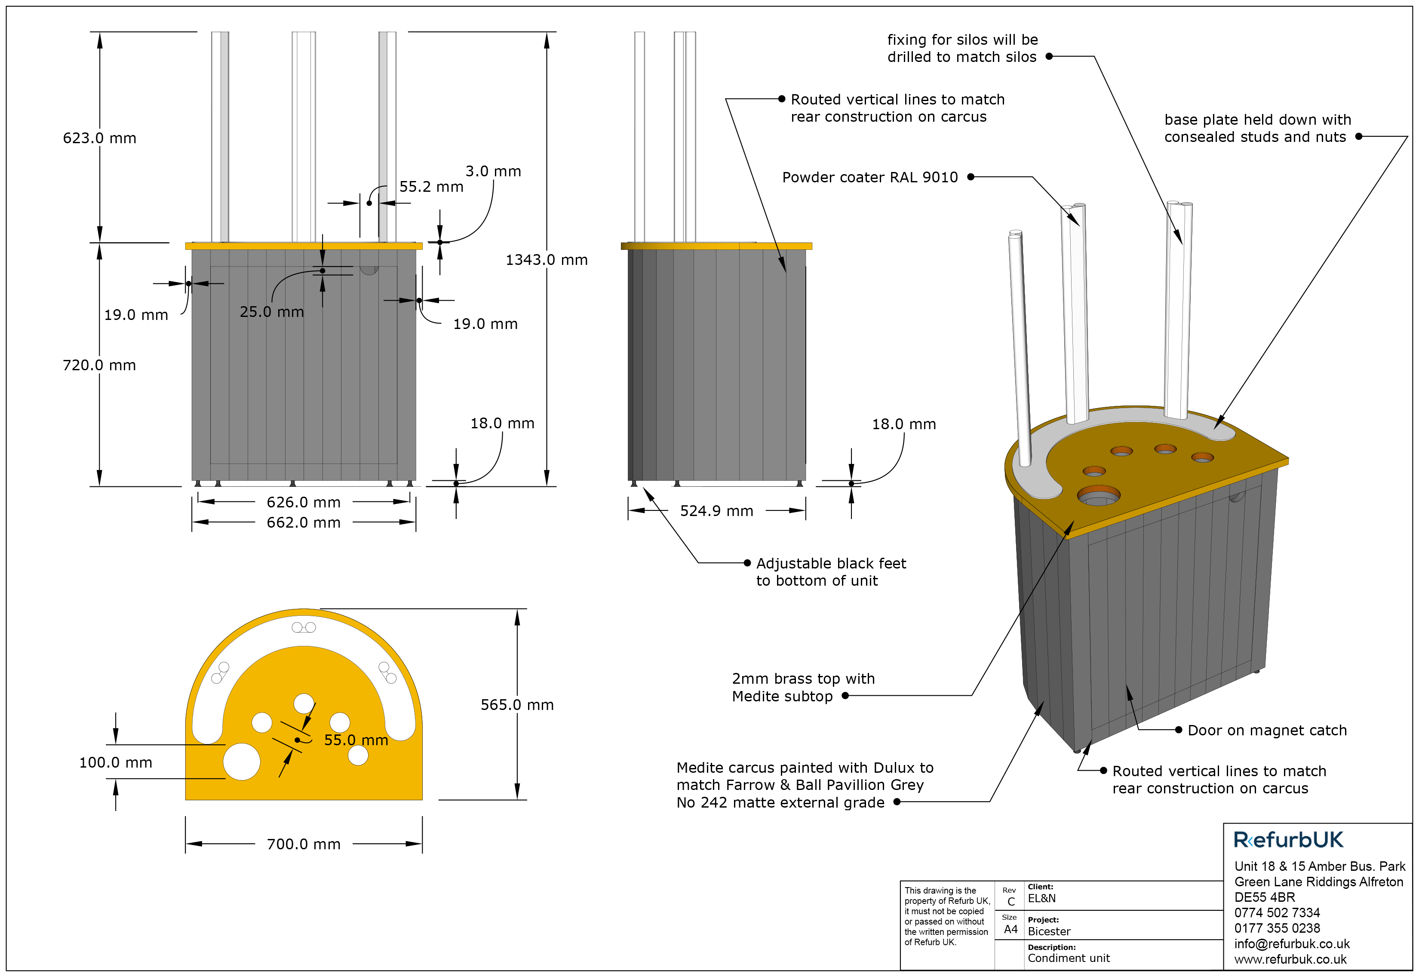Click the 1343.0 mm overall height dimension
pos(546,260)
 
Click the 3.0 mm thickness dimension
pos(493,172)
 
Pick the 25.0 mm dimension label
pos(271,312)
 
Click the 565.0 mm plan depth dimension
pos(517,705)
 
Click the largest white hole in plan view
pos(241,762)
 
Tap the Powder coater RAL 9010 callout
pos(869,178)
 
